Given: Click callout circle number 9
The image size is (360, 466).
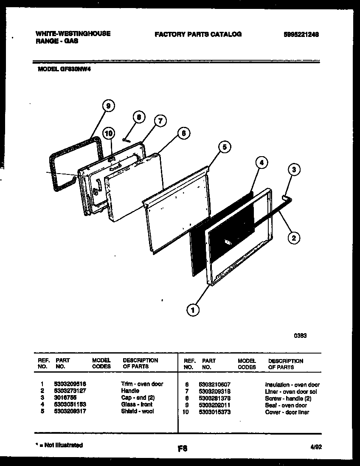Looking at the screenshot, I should tap(109, 107).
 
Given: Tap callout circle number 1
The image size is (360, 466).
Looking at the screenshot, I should tap(193, 310).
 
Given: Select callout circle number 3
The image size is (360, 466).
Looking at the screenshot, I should tap(293, 170).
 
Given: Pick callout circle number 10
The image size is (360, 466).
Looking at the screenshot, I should tap(109, 133).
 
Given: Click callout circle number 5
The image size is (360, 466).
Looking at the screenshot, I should tap(225, 147).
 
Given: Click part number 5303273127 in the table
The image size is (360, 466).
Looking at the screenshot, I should tap(70, 391).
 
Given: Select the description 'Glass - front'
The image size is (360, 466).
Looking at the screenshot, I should tap(135, 404).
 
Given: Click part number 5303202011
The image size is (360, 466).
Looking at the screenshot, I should tap(214, 405).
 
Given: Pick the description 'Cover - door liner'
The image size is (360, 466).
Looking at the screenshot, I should tap(287, 412).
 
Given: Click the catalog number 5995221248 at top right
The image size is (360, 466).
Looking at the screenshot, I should tap(301, 35).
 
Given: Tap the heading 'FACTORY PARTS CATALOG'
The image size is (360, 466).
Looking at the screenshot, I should tap(198, 34).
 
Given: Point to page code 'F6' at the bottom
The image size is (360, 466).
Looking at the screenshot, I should tap(183, 448).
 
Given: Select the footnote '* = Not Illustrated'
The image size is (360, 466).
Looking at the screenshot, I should tap(59, 445).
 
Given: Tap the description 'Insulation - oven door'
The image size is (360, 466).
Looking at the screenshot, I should tap(292, 385).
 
